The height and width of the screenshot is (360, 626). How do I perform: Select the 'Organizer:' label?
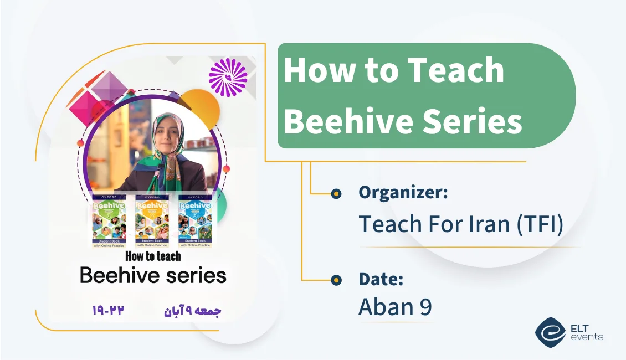coord(403,192)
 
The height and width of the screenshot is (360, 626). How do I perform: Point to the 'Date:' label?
coord(381,279)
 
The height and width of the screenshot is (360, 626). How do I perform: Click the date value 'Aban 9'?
coord(394,307)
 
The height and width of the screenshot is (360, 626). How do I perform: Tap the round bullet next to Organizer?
coord(336,193)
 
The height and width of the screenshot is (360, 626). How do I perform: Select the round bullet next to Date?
coord(336,280)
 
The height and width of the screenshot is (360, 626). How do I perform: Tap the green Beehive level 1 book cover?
coord(109,220)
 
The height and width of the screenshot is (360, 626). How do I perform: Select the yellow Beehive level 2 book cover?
coord(152,220)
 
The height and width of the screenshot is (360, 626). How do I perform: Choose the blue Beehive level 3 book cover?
coord(195,220)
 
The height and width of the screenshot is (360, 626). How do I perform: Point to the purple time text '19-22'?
coord(108,310)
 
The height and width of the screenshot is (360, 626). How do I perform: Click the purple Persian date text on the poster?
coord(192,311)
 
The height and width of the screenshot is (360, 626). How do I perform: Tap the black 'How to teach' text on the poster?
coord(153,256)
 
